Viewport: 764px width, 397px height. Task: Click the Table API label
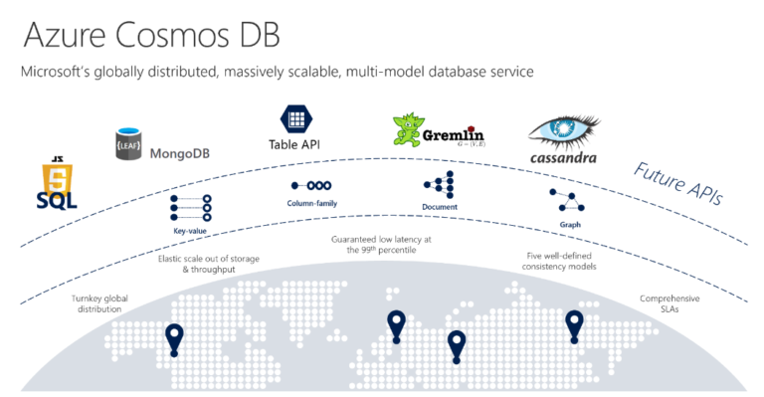click(293, 144)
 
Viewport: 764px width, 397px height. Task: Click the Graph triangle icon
click(570, 200)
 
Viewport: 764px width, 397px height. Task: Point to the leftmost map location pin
click(175, 339)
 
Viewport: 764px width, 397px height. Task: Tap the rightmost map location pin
click(574, 324)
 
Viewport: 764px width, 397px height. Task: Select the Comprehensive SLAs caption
click(668, 303)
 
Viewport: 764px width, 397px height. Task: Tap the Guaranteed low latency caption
click(381, 245)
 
